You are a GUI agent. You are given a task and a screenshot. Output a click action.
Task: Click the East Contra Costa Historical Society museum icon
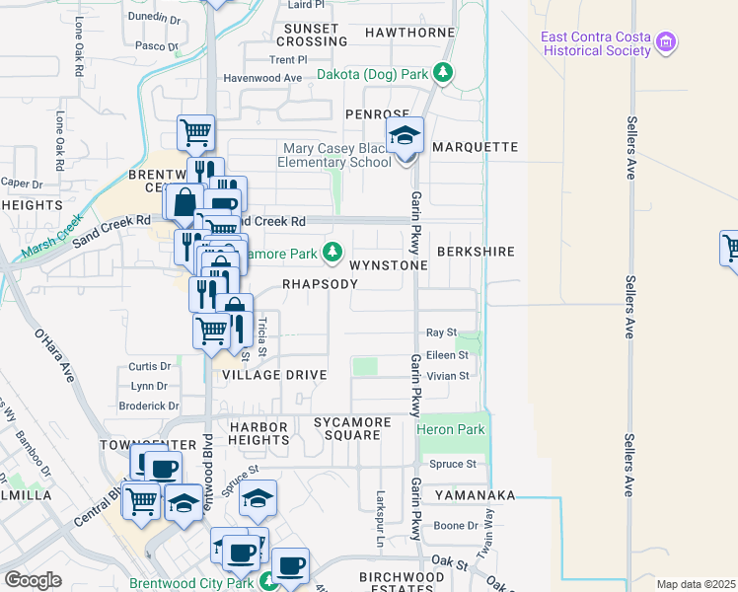pyautogui.click(x=668, y=42)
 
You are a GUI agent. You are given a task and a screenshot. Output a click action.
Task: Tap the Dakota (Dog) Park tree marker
pyautogui.click(x=444, y=73)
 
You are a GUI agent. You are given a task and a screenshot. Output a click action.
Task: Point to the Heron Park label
pyautogui.click(x=451, y=429)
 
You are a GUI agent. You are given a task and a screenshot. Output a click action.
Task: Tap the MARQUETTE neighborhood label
pyautogui.click(x=476, y=147)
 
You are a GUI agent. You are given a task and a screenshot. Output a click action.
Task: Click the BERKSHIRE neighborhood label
pyautogui.click(x=477, y=252)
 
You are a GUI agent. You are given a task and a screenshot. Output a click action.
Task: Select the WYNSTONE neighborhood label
pyautogui.click(x=389, y=265)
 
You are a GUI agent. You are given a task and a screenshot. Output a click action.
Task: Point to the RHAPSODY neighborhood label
pyautogui.click(x=320, y=283)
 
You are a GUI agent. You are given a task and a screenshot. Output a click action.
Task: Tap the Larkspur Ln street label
pyautogui.click(x=379, y=517)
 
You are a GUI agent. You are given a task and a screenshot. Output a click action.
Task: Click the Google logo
pyautogui.click(x=33, y=580)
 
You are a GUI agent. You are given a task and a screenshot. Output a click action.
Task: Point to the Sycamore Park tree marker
pyautogui.click(x=333, y=254)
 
